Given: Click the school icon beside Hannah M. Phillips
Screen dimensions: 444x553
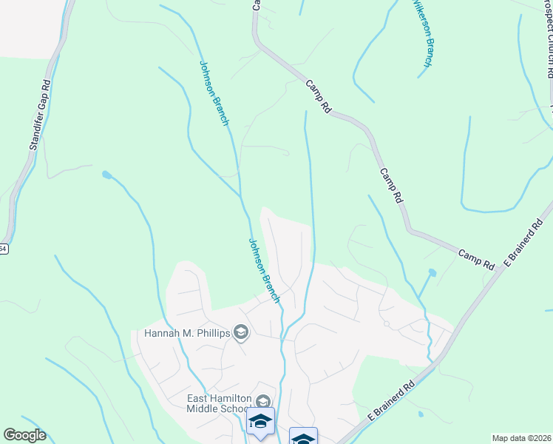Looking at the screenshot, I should point(240,334).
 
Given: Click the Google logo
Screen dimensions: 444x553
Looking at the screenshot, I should point(24,435).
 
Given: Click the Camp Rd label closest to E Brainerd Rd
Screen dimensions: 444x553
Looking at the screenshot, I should point(477,258).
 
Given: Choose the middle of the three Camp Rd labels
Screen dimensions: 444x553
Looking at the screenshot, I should point(391,185).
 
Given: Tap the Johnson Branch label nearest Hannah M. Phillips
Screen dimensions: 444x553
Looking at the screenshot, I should point(264,270).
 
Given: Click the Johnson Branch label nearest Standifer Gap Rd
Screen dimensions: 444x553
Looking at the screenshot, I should point(214,92).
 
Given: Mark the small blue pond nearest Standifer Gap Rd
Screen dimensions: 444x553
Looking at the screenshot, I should point(107,175).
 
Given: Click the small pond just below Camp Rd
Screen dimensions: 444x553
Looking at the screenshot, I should point(432,273).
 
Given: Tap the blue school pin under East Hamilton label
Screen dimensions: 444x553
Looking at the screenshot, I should point(260,422).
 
